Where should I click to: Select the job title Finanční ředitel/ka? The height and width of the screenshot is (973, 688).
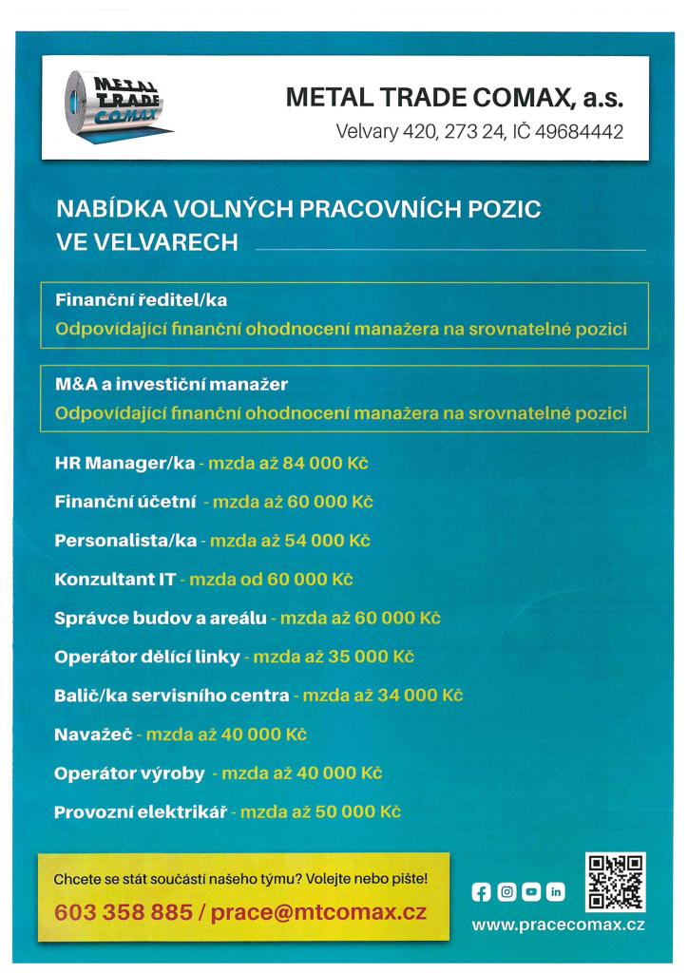click(x=142, y=300)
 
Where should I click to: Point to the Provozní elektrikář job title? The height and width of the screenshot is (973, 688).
click(x=142, y=812)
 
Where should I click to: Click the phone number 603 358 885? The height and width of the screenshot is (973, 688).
click(x=124, y=913)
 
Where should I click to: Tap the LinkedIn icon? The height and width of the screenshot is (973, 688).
click(x=554, y=892)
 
